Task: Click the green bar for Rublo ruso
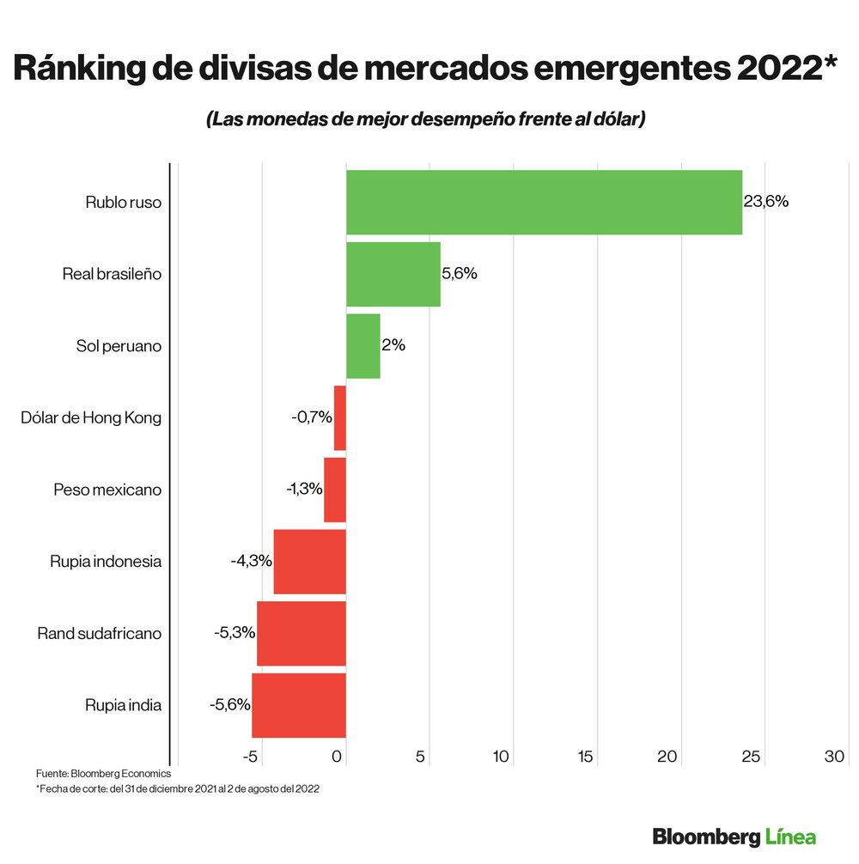point(544,202)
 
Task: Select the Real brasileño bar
point(393,274)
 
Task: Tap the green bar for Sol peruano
point(362,346)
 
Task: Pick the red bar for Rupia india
point(298,705)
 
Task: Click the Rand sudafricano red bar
point(301,634)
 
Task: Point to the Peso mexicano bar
point(334,490)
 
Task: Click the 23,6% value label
point(766,202)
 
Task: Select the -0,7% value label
point(312,417)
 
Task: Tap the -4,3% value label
point(251,561)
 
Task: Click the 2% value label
point(393,346)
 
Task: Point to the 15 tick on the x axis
point(585,757)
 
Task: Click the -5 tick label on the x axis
point(251,757)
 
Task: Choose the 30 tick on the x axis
point(834,757)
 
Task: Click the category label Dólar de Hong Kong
point(91,417)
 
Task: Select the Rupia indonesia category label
point(106,561)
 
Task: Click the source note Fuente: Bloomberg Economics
point(103,774)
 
